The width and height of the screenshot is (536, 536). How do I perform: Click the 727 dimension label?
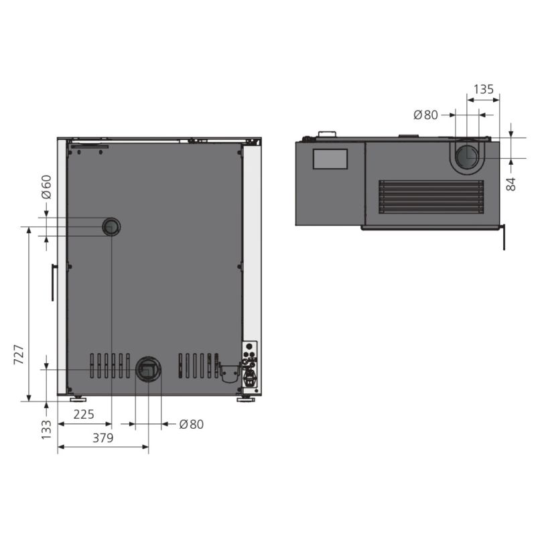click(19, 354)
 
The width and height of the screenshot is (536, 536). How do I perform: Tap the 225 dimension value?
click(84, 414)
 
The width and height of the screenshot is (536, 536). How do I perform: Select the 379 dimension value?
click(103, 438)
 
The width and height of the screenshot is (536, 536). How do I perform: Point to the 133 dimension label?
click(46, 429)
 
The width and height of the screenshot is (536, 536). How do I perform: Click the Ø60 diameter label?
click(46, 187)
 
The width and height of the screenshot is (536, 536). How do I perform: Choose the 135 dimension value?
click(484, 89)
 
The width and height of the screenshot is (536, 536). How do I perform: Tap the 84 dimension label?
click(511, 184)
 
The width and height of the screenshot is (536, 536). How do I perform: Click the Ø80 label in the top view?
click(425, 115)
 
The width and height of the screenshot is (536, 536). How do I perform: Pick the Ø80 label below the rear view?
click(192, 424)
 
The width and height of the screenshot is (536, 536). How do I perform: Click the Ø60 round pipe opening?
click(111, 226)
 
